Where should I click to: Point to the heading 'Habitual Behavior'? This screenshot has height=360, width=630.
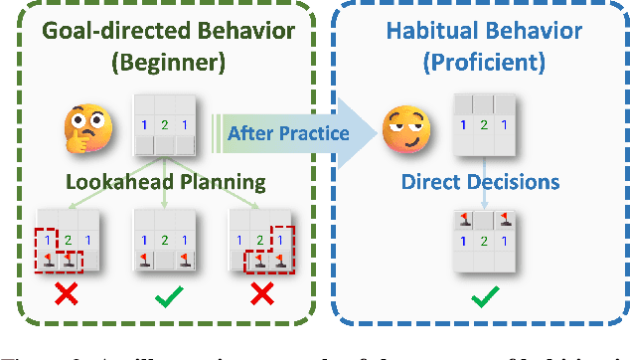point(484,30)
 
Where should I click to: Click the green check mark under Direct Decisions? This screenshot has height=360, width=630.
point(484,295)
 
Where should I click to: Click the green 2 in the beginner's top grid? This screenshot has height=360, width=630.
point(165,125)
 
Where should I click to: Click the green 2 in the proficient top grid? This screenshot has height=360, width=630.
point(485,125)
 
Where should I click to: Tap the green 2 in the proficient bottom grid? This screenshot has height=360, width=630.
point(485,241)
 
